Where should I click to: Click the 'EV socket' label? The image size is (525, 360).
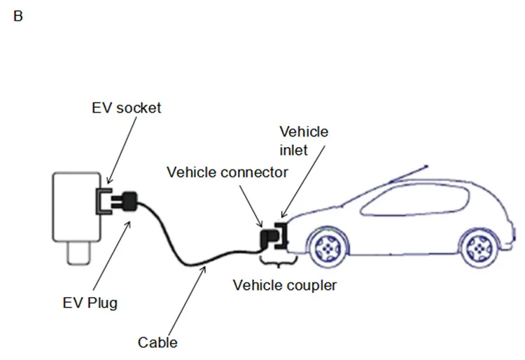pyautogui.click(x=127, y=108)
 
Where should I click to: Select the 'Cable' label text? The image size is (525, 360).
pyautogui.click(x=157, y=342)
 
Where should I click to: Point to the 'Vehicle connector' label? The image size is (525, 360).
pyautogui.click(x=227, y=172)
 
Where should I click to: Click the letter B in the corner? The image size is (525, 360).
pyautogui.click(x=18, y=16)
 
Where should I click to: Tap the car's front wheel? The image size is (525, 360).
pyautogui.click(x=327, y=247)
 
